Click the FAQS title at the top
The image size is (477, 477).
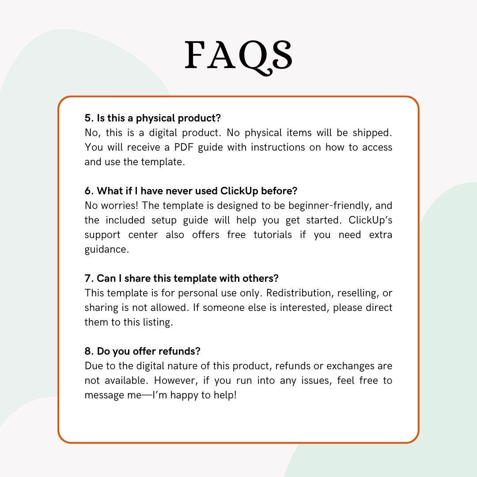pos(238,56)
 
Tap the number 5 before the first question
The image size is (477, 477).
pos(87,118)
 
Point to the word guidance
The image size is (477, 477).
pos(106,250)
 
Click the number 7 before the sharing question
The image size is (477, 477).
pos(87,278)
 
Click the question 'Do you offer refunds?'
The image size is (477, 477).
pos(148,351)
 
